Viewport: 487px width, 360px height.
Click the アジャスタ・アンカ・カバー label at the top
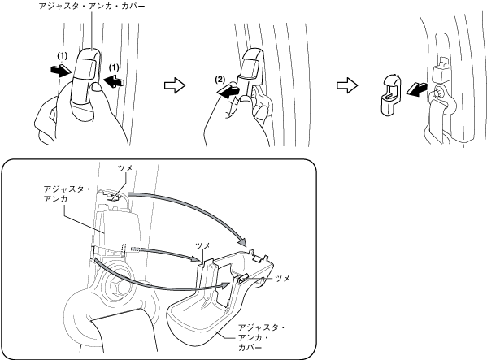pos(92,6)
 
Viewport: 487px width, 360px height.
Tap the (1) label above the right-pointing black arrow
pos(62,56)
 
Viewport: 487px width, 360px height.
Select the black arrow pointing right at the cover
pos(61,71)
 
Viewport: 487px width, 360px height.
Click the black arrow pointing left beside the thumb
pos(114,81)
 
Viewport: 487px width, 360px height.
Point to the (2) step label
pos(220,80)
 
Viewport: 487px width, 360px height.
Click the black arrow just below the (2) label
pos(228,90)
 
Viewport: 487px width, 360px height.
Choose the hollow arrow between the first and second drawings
pos(175,85)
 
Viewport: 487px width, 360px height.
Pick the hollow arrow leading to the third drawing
pos(347,85)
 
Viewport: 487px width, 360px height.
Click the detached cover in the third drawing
pos(389,96)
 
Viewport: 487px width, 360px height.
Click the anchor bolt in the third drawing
pos(438,93)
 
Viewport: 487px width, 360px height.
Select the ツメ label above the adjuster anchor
pos(125,168)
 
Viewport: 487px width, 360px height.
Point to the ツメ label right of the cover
pos(282,279)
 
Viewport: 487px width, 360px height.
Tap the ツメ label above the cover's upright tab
pos(202,245)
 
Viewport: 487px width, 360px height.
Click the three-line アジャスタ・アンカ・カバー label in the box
pos(262,337)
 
